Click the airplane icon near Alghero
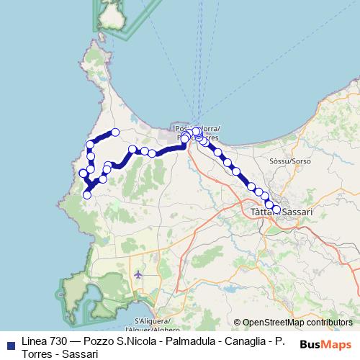pyautogui.click(x=138, y=274)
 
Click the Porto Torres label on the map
pyautogui.click(x=198, y=132)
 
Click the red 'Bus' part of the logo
pyautogui.click(x=311, y=345)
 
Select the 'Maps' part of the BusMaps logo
pyautogui.click(x=338, y=345)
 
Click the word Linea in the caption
pyautogui.click(x=33, y=341)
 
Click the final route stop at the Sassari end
pyautogui.click(x=276, y=209)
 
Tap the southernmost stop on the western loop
pyautogui.click(x=87, y=194)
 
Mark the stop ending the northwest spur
pyautogui.click(x=115, y=132)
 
